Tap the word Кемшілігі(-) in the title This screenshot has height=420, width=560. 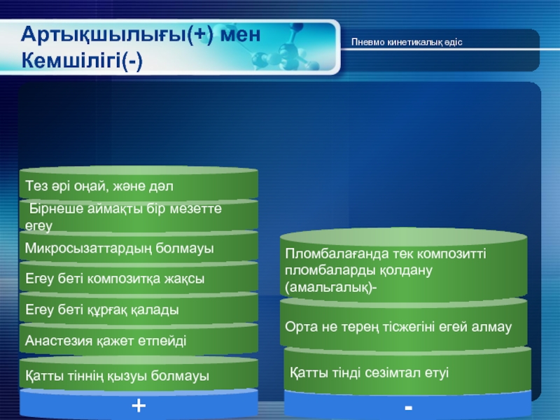point(82,60)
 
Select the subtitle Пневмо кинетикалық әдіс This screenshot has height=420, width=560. point(407,42)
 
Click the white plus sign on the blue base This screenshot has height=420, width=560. point(139,406)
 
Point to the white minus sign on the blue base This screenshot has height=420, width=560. point(409,407)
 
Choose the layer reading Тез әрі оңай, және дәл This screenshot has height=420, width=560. point(99,186)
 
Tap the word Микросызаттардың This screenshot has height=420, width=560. point(88,248)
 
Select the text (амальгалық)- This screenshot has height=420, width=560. point(331,288)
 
